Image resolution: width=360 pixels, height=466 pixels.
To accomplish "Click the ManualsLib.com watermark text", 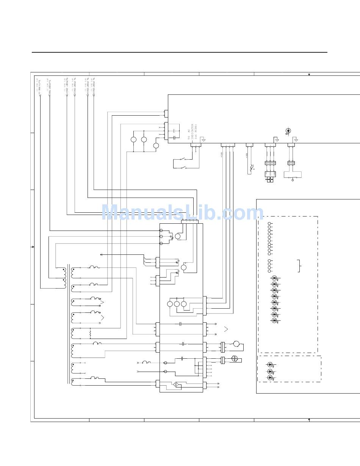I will (x=182, y=213).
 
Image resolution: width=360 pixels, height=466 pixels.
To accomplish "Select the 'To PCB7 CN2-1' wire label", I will (x=67, y=86).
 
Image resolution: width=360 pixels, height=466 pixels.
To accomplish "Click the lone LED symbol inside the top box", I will (x=288, y=131).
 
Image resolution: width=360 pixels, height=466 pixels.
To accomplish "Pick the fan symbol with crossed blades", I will (x=234, y=358).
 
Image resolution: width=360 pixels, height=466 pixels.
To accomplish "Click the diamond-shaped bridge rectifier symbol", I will (x=176, y=384).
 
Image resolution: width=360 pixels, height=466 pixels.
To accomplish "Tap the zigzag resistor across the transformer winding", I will (x=90, y=333).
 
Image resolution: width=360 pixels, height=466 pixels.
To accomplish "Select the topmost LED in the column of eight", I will (x=274, y=278).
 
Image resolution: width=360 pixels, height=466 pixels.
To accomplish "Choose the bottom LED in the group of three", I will (x=270, y=377).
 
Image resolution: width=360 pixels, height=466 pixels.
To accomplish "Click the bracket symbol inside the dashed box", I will (x=299, y=266).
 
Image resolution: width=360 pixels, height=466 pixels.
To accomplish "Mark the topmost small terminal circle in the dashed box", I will (x=269, y=224).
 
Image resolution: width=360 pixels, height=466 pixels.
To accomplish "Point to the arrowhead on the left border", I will (x=33, y=247).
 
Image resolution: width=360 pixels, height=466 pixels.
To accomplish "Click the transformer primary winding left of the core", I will (x=64, y=278).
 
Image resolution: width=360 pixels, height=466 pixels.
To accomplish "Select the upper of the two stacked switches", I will (x=183, y=159).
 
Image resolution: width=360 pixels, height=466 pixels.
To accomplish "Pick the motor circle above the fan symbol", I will (x=236, y=344).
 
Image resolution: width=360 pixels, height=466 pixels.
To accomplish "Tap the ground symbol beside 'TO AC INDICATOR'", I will (x=203, y=140).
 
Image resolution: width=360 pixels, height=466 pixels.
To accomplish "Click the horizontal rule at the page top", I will (x=179, y=52).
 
